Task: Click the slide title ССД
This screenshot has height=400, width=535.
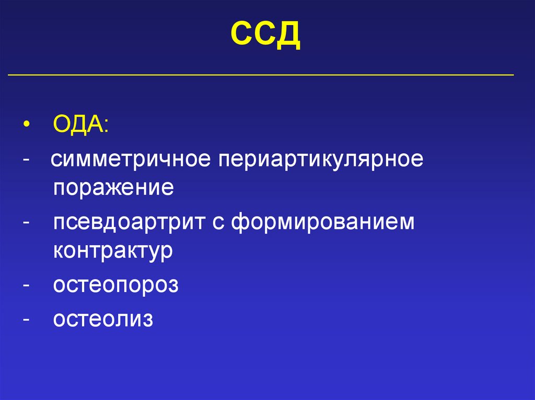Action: pyautogui.click(x=266, y=35)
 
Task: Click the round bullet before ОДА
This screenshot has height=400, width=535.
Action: pyautogui.click(x=26, y=127)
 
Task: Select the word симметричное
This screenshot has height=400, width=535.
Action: pyautogui.click(x=130, y=160)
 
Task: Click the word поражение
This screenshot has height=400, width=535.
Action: pyautogui.click(x=113, y=187)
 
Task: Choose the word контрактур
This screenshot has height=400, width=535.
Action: pyautogui.click(x=113, y=251)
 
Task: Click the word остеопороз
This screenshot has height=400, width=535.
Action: pyautogui.click(x=115, y=286)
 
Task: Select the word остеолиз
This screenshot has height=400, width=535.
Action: pyautogui.click(x=103, y=319)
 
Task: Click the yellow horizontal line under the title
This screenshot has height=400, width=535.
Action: pyautogui.click(x=261, y=75)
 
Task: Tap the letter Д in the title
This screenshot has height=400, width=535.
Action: pyautogui.click(x=289, y=36)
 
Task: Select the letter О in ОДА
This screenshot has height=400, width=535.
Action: pyautogui.click(x=62, y=126)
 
